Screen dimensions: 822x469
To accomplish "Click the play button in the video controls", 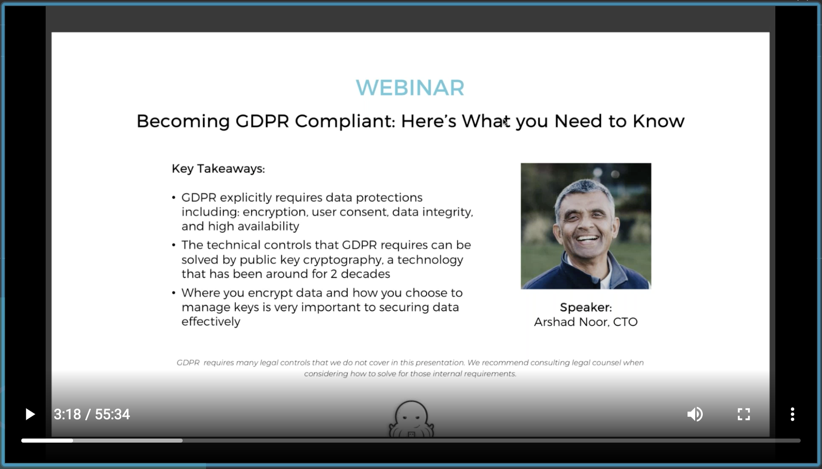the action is (x=30, y=414).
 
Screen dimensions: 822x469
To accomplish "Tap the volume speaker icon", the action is (x=695, y=414).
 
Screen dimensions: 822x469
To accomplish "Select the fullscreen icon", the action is (x=744, y=414).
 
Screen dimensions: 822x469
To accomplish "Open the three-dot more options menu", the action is (x=793, y=414).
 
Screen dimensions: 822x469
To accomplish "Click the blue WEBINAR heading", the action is (x=410, y=88).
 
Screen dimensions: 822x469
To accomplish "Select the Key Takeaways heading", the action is (x=218, y=169).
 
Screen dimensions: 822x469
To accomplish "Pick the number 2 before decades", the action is (x=333, y=274).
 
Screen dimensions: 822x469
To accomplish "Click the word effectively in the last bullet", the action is (x=211, y=322).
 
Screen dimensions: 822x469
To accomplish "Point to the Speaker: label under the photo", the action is (x=586, y=308).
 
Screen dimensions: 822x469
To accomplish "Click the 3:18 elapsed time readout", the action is (x=67, y=414).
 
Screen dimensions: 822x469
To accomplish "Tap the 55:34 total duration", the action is (x=112, y=414).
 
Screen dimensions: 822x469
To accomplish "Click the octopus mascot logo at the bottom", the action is (x=411, y=419).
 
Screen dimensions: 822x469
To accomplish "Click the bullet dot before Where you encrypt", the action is (x=174, y=293).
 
